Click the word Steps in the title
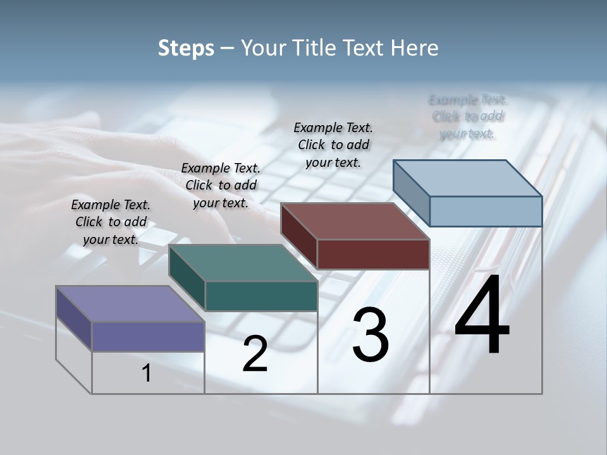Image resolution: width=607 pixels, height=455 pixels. pos(186,48)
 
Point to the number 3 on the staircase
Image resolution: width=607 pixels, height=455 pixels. pos(371,334)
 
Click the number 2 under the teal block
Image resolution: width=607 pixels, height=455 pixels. pos(255,354)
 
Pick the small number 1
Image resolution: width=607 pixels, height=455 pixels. pos(147,373)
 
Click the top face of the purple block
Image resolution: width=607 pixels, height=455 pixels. pos(130,304)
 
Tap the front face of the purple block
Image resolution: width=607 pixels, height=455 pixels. pos(148,336)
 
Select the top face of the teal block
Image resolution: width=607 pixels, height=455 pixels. pos(243,263)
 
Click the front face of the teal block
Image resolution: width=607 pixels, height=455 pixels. pos(261,296)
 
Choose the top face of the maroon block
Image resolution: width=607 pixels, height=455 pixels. pos(355,221)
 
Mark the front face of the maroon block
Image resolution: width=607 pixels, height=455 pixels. pos(373,254)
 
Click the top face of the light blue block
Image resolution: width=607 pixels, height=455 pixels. pos(467,178)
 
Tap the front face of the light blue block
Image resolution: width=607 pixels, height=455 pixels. pos(486,211)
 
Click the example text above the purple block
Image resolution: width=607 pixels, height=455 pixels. pos(111,222)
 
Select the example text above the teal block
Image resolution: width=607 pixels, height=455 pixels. pos(221,185)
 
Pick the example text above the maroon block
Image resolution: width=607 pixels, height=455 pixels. pos(333,145)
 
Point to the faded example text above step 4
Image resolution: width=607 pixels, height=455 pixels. pos(468,116)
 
